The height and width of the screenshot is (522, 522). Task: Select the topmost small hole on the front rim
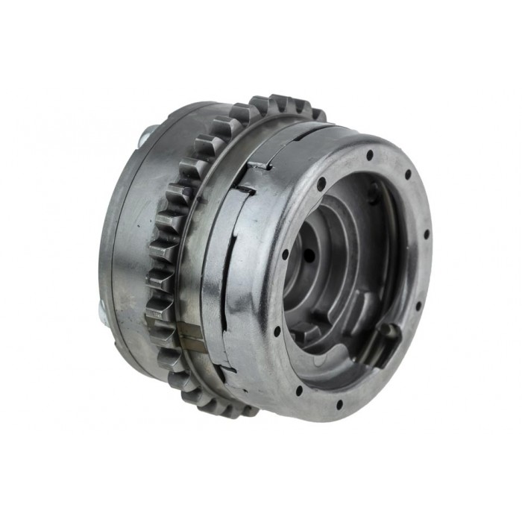pyautogui.click(x=369, y=155)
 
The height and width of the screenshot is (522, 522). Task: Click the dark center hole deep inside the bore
pyautogui.click(x=308, y=255)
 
